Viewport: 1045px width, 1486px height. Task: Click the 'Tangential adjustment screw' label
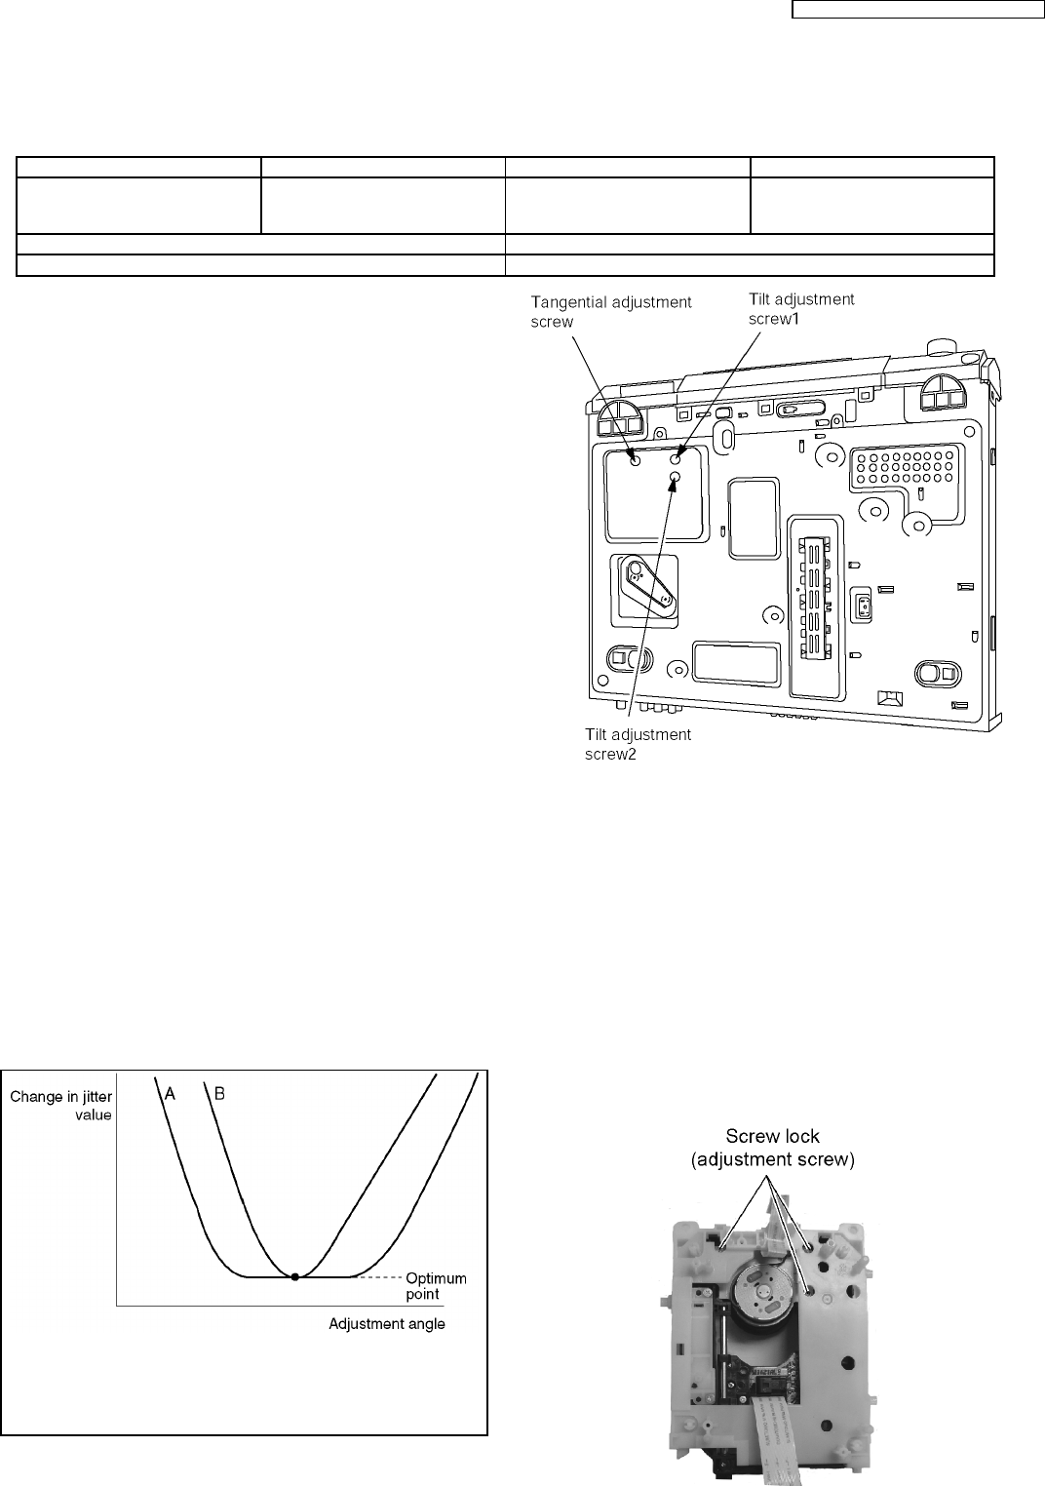tap(611, 311)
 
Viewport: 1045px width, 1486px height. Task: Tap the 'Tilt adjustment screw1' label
tap(801, 309)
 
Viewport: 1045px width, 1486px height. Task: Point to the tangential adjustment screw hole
tap(635, 459)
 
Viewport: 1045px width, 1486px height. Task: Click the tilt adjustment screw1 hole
tap(679, 456)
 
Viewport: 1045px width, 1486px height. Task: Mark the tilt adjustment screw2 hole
tap(675, 476)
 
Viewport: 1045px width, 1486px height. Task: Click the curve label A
tap(170, 1094)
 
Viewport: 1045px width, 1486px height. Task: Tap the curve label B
tap(219, 1094)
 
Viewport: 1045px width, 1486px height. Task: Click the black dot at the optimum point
tap(295, 1276)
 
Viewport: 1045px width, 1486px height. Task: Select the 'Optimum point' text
tap(436, 1285)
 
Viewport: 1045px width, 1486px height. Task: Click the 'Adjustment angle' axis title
tap(386, 1324)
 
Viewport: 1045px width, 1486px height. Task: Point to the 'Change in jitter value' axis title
tap(61, 1106)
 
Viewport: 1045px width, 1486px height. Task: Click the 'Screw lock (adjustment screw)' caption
tap(773, 1148)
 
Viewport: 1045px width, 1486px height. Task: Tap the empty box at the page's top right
tap(916, 10)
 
